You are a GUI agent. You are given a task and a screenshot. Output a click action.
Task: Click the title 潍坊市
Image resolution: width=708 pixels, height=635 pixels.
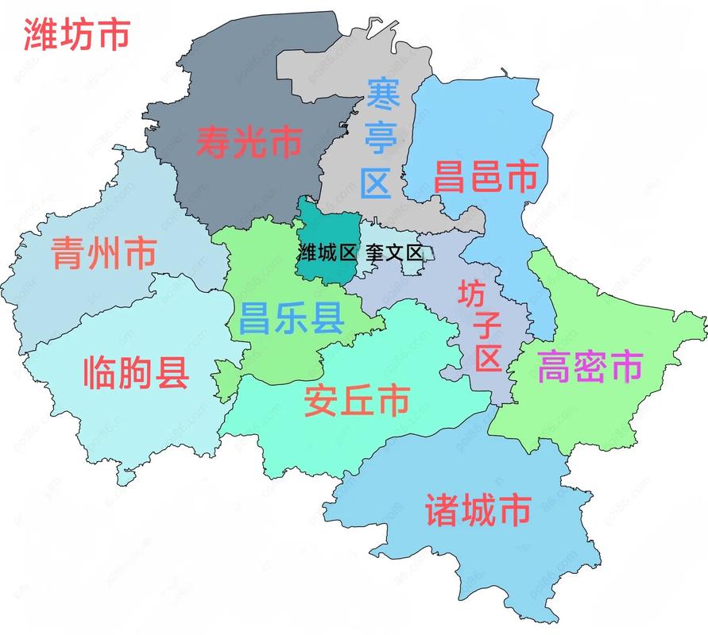(76, 33)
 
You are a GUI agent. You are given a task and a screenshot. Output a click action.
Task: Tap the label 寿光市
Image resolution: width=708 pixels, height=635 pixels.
(249, 143)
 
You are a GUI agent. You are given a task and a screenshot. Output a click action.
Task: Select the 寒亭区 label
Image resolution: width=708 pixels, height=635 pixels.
(379, 139)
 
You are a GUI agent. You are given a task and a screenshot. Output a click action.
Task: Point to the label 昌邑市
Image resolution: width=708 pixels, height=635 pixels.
(486, 176)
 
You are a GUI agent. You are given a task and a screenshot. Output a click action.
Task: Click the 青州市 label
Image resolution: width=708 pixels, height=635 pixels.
(103, 253)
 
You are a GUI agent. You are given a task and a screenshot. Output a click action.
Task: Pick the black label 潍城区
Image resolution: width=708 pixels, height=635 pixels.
(326, 253)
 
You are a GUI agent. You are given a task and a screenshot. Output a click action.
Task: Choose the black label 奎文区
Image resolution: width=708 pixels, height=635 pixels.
(395, 253)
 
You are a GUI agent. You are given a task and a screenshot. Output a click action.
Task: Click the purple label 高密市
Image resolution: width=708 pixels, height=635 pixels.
(590, 368)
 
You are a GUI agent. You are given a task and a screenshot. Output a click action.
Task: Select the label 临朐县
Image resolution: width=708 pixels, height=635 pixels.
(137, 371)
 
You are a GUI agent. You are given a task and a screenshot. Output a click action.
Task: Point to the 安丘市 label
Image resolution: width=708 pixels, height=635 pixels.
(357, 401)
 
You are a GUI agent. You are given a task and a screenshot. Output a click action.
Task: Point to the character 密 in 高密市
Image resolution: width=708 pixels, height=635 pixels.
(590, 368)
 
